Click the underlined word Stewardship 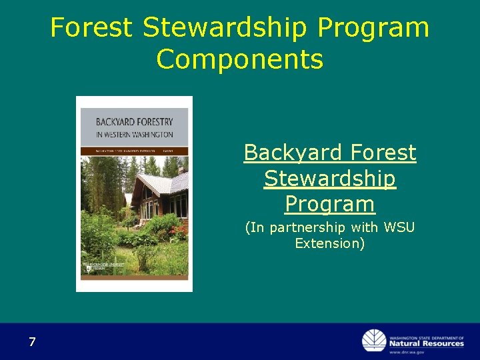click(x=329, y=178)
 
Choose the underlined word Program click(x=329, y=203)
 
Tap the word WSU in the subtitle click(x=399, y=227)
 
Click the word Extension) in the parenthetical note click(x=329, y=243)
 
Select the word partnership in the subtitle click(x=321, y=227)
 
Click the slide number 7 click(x=32, y=343)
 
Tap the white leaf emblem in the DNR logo click(x=374, y=341)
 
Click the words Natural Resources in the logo click(x=427, y=343)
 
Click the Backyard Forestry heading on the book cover click(x=134, y=122)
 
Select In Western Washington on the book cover click(x=134, y=135)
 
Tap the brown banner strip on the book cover click(x=134, y=151)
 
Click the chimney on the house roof click(x=181, y=170)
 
